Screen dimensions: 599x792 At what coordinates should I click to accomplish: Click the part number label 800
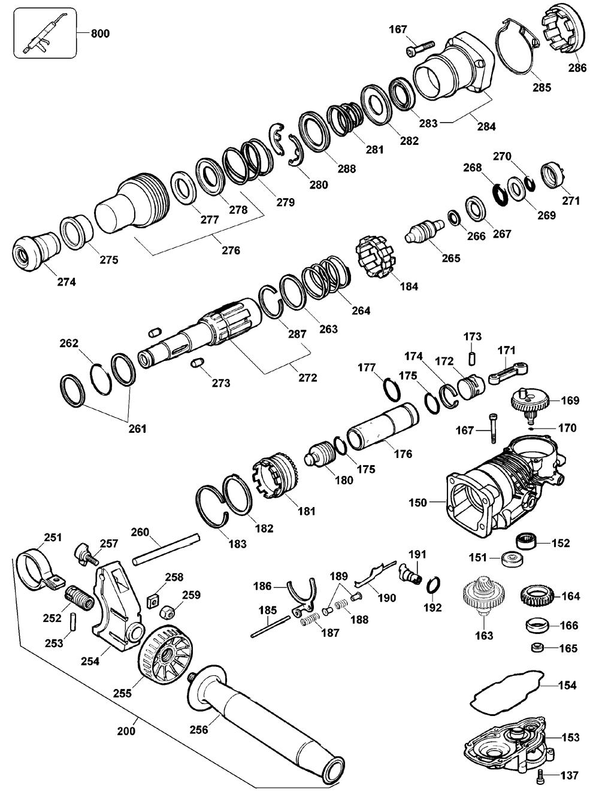pos(99,34)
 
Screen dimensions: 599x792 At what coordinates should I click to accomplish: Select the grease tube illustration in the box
pos(44,34)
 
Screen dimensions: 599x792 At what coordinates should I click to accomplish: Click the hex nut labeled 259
pos(168,611)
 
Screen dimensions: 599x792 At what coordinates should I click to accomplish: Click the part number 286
pos(577,68)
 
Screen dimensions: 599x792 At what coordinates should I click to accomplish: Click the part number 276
pos(231,250)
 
